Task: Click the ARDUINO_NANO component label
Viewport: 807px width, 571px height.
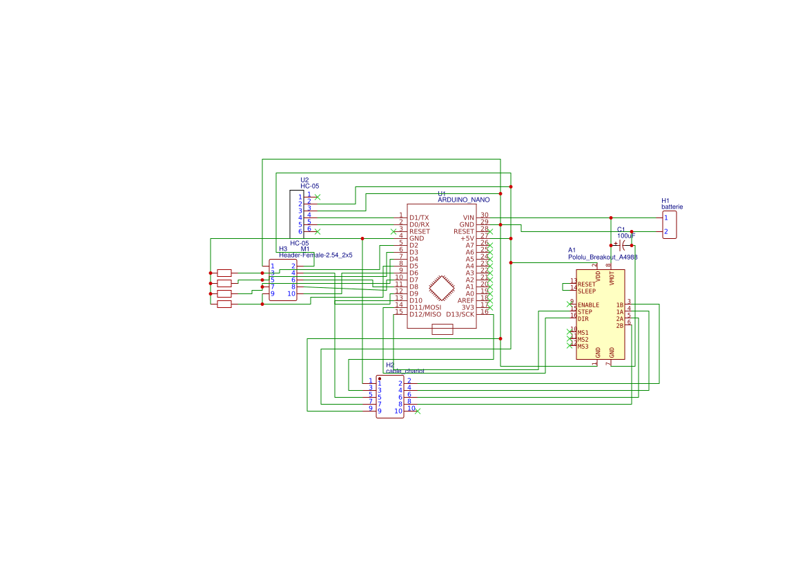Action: [x=463, y=200]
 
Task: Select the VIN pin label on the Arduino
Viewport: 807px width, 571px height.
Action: [x=468, y=217]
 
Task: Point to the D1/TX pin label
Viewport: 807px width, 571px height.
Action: [x=419, y=217]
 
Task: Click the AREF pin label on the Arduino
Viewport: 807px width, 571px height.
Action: [x=466, y=300]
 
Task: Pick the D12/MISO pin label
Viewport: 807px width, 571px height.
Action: [x=425, y=314]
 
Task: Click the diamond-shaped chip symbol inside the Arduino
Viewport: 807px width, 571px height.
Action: [x=442, y=289]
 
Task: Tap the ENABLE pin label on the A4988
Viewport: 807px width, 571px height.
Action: [x=588, y=304]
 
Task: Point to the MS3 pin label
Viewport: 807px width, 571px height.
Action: [x=583, y=346]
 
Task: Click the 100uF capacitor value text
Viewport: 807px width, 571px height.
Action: [x=626, y=235]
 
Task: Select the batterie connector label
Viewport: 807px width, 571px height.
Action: [x=672, y=206]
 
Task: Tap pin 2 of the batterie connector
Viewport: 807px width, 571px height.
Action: [x=665, y=231]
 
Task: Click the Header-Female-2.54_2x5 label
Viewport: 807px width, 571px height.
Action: [x=315, y=255]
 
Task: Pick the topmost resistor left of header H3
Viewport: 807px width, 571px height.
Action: [x=224, y=273]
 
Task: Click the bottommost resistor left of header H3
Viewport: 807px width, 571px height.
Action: [x=224, y=304]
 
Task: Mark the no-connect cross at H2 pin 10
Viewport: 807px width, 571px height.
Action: [x=418, y=412]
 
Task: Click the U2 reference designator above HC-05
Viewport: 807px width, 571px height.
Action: [x=304, y=180]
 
